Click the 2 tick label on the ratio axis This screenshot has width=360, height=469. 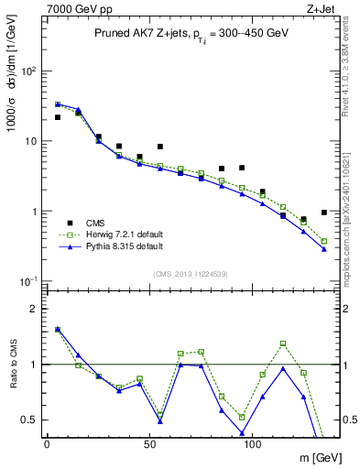[x=35, y=309]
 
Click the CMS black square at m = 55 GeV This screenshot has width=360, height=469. [x=160, y=147]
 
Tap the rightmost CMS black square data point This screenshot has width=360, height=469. [x=324, y=213]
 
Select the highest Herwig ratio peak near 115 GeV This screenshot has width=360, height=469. [x=283, y=344]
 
